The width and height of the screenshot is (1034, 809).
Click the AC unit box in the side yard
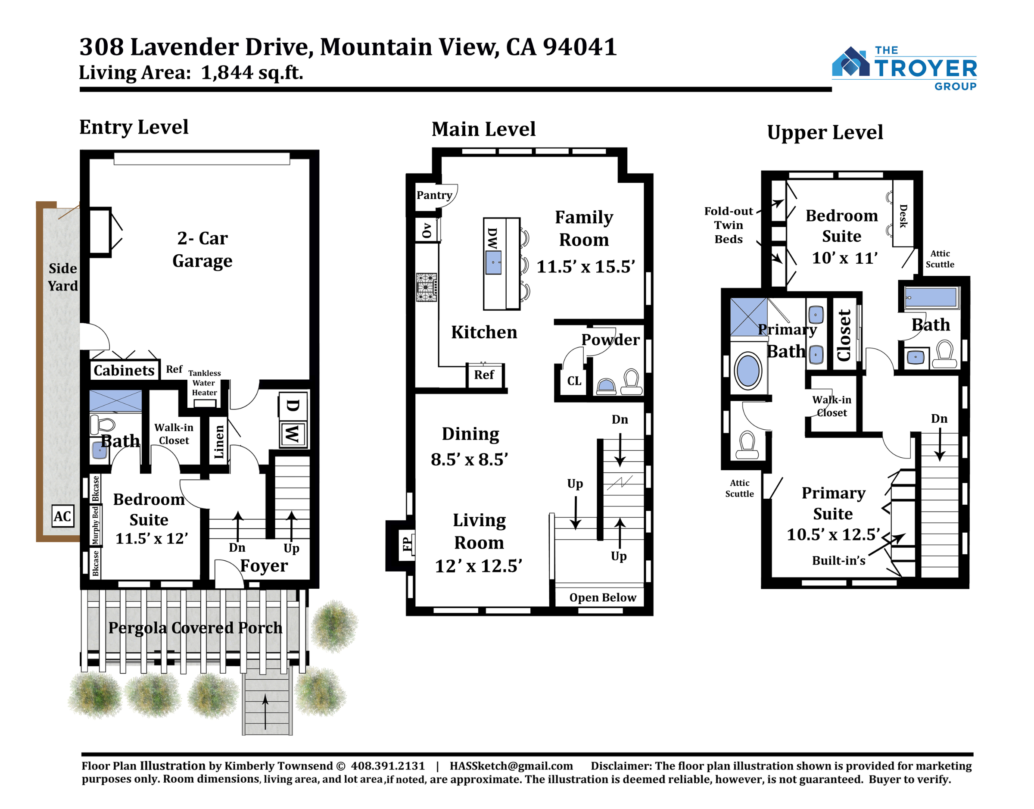click(x=62, y=516)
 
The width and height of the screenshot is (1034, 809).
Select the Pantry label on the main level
click(x=434, y=195)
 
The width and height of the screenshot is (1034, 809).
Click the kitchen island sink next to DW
click(x=493, y=262)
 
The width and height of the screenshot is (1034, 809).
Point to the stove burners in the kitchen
click(x=427, y=287)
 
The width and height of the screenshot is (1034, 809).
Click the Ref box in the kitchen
click(x=484, y=375)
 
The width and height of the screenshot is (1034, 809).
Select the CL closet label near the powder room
click(x=574, y=381)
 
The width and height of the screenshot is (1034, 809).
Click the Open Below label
click(x=603, y=598)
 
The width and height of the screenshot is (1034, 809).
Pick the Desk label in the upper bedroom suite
click(x=903, y=216)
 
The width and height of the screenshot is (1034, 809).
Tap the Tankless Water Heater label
click(x=205, y=383)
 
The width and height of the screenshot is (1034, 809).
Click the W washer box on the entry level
click(x=293, y=434)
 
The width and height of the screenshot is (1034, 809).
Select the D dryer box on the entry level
click(x=293, y=406)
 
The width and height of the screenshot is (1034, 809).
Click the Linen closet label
click(x=219, y=442)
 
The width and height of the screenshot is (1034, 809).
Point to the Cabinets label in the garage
click(x=124, y=370)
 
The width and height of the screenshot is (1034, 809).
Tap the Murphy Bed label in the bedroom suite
click(x=95, y=525)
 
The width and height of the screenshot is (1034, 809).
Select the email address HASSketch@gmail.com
click(x=511, y=766)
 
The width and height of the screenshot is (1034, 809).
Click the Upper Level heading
click(x=825, y=132)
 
